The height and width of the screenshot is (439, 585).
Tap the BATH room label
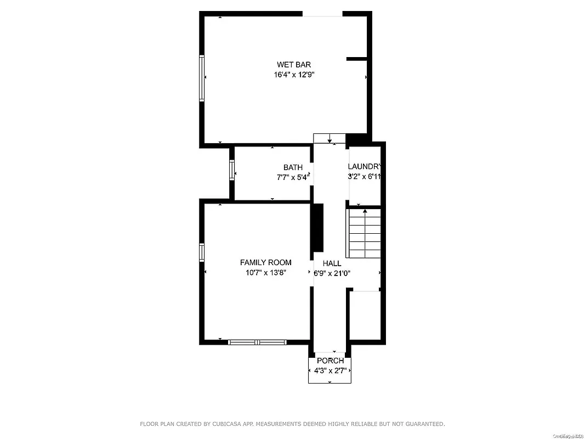tap(293, 167)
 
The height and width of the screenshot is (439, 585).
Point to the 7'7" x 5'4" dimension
tap(293, 177)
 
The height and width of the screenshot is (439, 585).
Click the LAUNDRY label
tap(364, 167)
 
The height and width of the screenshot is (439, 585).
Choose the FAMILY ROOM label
tap(265, 263)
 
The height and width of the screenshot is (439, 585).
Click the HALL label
tap(332, 264)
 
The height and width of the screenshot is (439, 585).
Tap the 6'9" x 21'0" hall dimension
tap(332, 273)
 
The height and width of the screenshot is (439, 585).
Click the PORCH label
tap(330, 361)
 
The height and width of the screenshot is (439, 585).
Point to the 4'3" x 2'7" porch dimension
tap(330, 370)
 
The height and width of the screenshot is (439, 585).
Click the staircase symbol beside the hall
tap(365, 234)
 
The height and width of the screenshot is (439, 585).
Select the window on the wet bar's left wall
tap(202, 78)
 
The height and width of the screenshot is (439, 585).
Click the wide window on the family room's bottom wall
tap(257, 342)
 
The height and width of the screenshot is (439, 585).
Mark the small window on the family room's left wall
tap(202, 252)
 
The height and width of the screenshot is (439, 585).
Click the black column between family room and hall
tap(317, 228)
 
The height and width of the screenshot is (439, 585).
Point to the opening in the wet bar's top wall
tap(323, 14)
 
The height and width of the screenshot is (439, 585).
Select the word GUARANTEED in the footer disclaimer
tap(423, 424)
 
